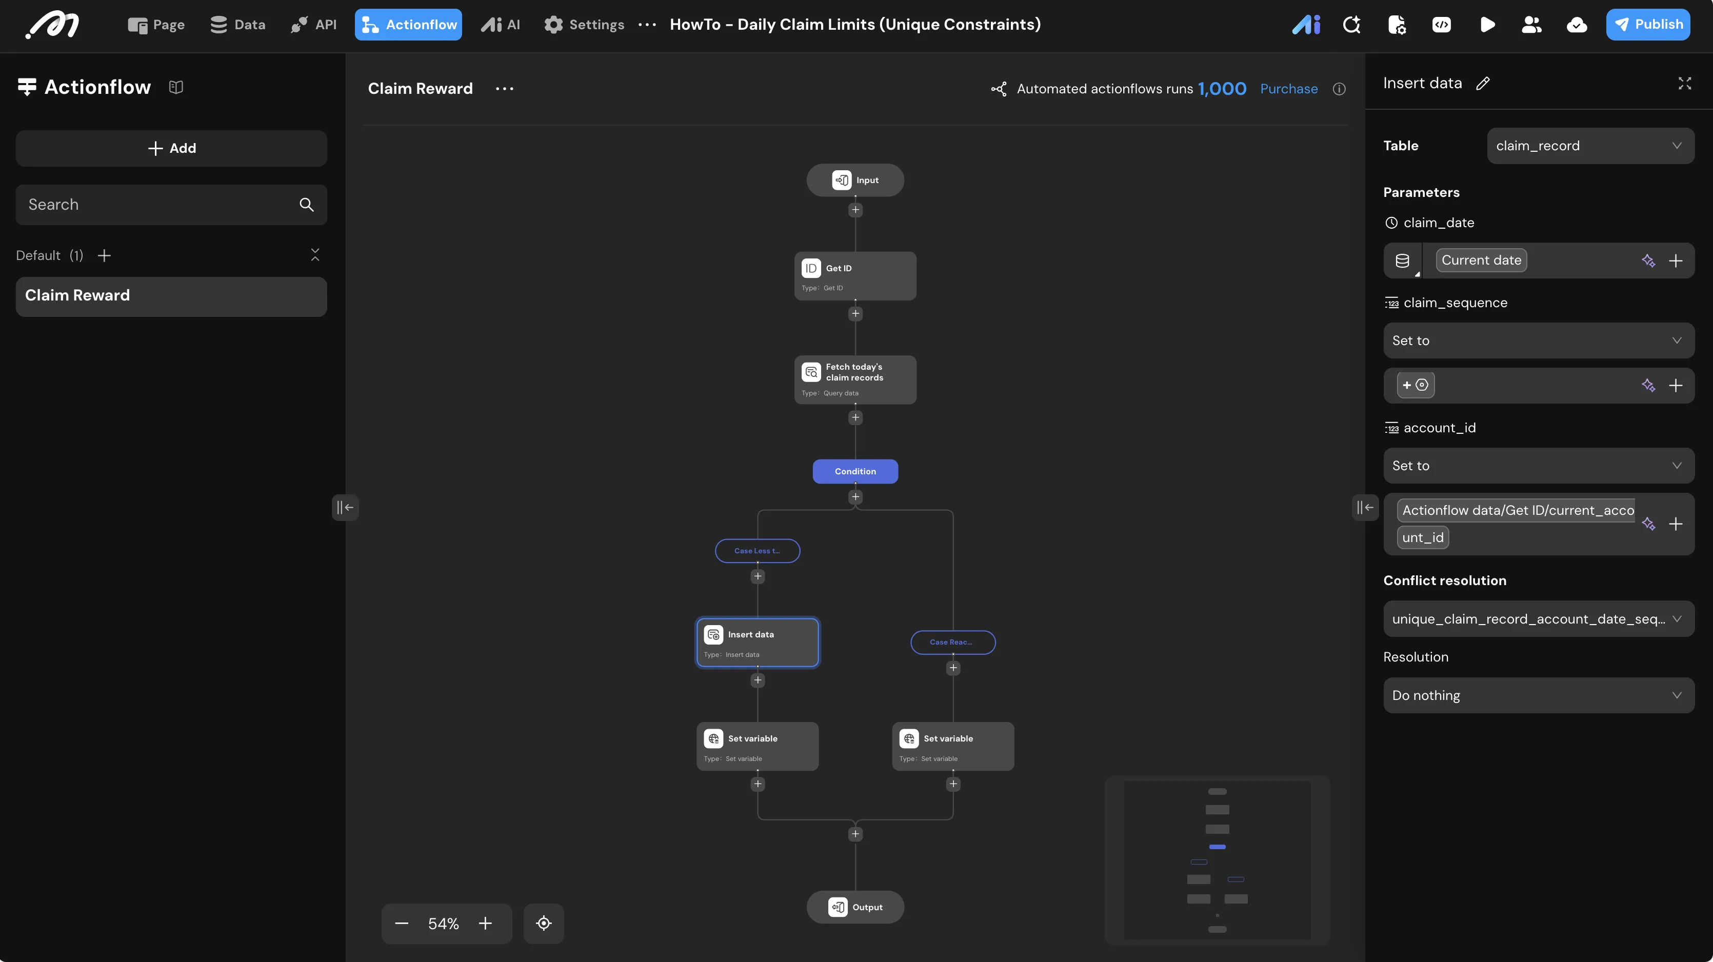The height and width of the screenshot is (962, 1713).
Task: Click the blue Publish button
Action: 1648,25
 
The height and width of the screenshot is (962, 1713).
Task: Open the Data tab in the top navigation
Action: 237,25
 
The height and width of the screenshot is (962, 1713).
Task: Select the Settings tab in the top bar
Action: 584,25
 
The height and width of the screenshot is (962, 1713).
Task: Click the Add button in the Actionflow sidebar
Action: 172,148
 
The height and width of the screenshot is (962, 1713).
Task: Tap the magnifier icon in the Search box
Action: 307,205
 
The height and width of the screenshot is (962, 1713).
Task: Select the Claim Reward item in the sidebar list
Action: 172,296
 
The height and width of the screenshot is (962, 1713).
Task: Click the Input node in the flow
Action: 855,180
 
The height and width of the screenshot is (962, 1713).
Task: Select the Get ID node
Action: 855,276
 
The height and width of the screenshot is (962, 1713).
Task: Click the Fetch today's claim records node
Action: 855,379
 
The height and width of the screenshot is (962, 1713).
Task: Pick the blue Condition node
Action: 855,471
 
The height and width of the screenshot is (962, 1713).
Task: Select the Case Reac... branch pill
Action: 953,642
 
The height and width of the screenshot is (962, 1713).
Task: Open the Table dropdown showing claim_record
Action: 1590,146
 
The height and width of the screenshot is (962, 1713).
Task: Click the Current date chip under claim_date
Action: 1482,260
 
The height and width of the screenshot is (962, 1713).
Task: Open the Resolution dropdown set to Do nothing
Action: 1539,695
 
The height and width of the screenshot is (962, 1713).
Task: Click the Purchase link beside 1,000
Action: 1289,89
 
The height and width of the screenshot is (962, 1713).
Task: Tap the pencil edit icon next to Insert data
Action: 1483,84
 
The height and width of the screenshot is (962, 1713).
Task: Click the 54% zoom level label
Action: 444,924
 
